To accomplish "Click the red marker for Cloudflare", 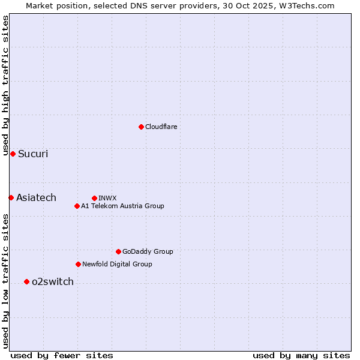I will [x=141, y=127].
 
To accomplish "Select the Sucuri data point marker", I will [x=13, y=154].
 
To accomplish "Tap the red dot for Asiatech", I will [x=11, y=197].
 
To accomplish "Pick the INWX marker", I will [x=94, y=198].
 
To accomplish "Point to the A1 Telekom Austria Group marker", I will [x=77, y=206].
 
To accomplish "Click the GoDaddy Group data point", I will [x=118, y=251].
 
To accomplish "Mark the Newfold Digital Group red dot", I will [x=78, y=264].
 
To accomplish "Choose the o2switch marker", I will [x=26, y=281].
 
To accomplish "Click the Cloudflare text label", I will [x=161, y=127].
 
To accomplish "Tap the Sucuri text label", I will [x=33, y=154].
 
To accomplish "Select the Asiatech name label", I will [x=36, y=197].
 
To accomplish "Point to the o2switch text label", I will [x=53, y=281].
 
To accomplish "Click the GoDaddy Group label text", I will [x=148, y=251].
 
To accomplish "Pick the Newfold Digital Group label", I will [x=117, y=264].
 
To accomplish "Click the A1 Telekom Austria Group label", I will [x=122, y=206].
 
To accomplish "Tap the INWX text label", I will [x=107, y=198].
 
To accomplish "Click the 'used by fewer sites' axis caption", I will [x=62, y=355].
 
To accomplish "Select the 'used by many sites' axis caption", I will [x=301, y=355].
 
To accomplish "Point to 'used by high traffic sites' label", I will [x=5, y=85].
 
